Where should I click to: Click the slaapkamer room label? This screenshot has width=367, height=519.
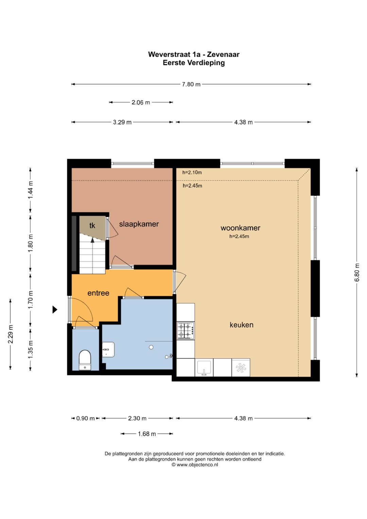tap(139, 224)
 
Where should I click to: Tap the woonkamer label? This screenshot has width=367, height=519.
tap(240, 228)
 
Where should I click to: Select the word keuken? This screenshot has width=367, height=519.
tap(241, 325)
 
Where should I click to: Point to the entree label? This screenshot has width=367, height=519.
tap(98, 293)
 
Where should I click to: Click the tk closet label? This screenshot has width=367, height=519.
tap(92, 225)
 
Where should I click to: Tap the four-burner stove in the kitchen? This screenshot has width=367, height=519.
tap(186, 331)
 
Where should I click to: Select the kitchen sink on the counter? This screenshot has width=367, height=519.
tap(204, 368)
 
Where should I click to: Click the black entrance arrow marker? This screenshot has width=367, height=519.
tap(55, 310)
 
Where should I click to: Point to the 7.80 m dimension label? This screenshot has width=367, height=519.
tap(191, 84)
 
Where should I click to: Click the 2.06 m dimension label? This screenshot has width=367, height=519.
tap(141, 102)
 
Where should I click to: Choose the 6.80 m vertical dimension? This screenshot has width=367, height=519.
tap(357, 272)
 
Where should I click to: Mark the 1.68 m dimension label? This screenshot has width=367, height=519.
tap(147, 434)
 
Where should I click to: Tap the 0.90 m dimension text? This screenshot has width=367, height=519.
tap(85, 418)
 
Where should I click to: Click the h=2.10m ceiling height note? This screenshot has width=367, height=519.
tap(192, 172)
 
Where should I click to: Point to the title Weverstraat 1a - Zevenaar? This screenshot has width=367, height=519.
tap(194, 54)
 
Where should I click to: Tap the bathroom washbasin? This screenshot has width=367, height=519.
tap(108, 349)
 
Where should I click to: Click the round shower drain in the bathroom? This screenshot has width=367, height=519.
tap(151, 347)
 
